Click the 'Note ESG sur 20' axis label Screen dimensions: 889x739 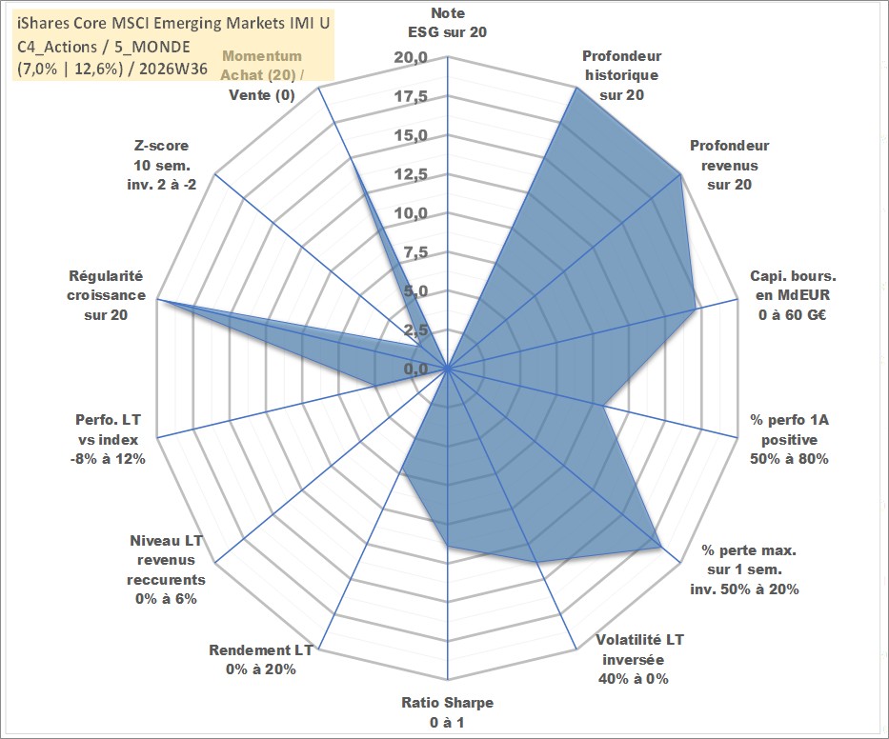[447, 23]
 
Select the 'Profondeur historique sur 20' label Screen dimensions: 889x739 [621, 75]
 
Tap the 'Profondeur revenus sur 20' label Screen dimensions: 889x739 [729, 165]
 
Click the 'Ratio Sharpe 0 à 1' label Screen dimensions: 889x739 [447, 712]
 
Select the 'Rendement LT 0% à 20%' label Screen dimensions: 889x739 [261, 660]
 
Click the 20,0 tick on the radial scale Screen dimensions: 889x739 [411, 58]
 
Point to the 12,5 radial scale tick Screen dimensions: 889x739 [411, 174]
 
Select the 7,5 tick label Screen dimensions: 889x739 [415, 252]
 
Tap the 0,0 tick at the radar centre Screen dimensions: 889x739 [415, 369]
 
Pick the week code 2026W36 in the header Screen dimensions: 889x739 [172, 69]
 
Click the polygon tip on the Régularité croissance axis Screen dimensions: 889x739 [158, 299]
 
